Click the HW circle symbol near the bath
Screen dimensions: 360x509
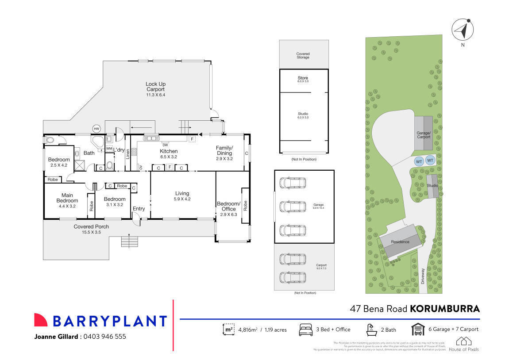coord(96,129)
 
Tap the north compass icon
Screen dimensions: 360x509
coord(463,30)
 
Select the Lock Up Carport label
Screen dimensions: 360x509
coord(155,87)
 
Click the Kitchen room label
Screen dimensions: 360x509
coord(168,151)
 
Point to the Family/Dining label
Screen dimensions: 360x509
coord(224,150)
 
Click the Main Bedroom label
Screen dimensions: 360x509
coord(67,198)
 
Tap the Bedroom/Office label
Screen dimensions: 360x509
coord(229,206)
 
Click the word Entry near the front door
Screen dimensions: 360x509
coord(139,209)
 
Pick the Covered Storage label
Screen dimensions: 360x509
coord(303,55)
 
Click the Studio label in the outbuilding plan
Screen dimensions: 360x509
coord(303,114)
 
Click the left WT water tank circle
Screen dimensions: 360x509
coord(419,161)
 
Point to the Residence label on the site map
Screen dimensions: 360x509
coord(400,242)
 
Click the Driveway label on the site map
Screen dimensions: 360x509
coord(423,276)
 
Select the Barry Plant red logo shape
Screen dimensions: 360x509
coord(41,320)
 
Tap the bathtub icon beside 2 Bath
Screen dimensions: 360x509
coord(370,329)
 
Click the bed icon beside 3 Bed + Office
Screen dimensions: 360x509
coord(305,329)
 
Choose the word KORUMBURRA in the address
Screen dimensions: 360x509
coord(444,308)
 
